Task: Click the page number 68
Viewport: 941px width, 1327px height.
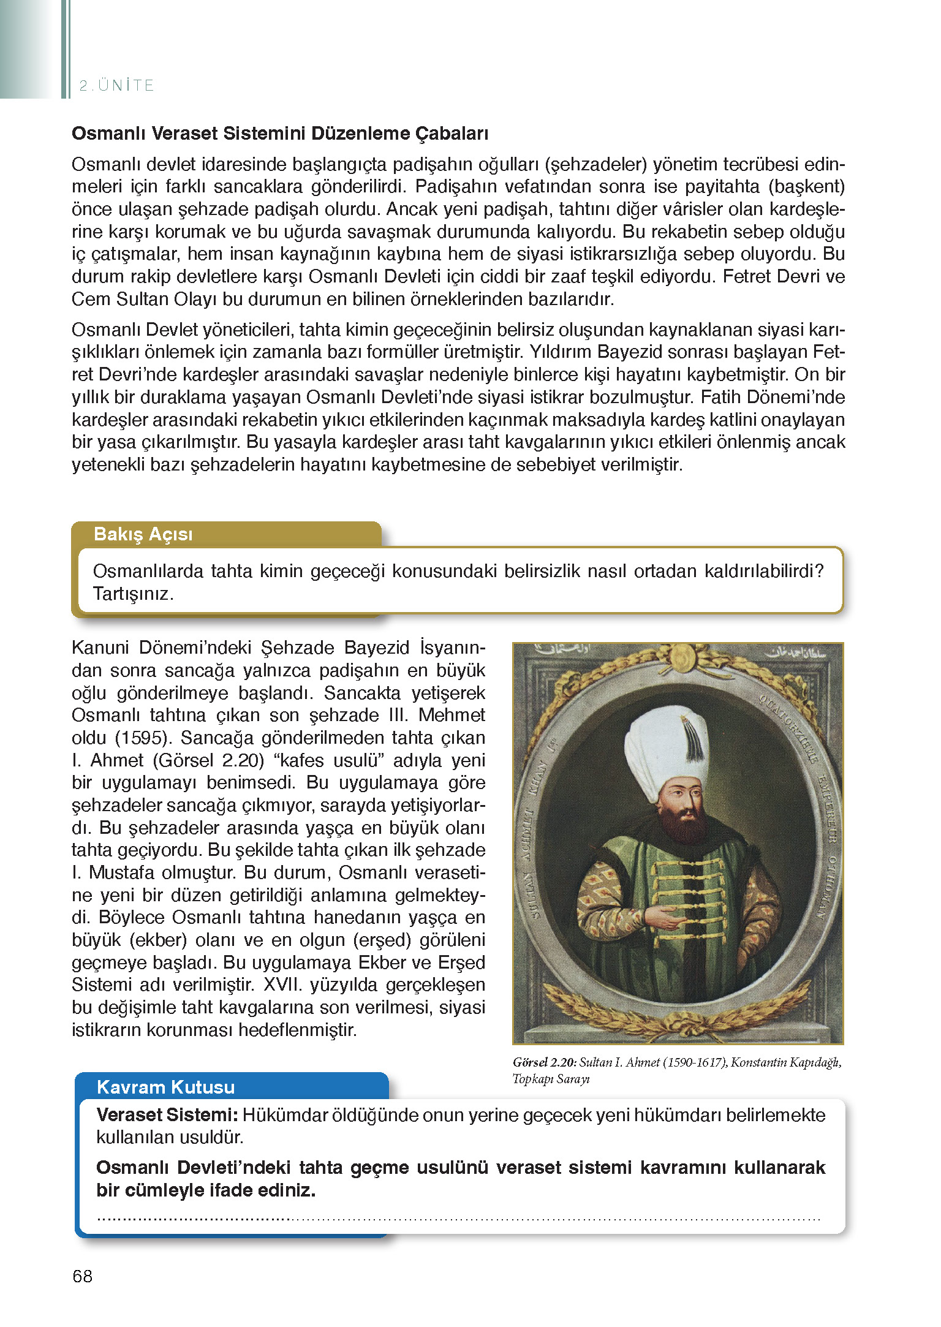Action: (82, 1276)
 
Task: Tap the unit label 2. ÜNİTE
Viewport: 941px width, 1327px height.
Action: (116, 85)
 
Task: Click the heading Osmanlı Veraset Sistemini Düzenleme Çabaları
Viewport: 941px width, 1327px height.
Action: (280, 134)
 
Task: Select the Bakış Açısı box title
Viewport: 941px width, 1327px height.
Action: (143, 534)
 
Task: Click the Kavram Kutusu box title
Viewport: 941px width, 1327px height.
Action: (165, 1087)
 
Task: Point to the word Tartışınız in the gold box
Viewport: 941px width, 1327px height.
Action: (133, 594)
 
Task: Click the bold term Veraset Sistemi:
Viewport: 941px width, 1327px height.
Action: (167, 1115)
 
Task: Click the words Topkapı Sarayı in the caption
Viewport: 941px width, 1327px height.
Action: (551, 1079)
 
